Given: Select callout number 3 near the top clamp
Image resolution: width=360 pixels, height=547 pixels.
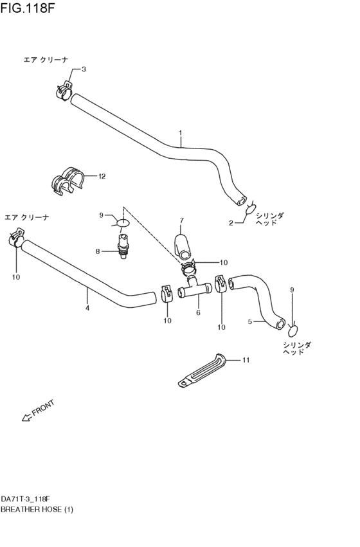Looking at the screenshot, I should click(x=84, y=69).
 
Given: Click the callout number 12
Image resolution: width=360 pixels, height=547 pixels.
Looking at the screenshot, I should click(x=102, y=175).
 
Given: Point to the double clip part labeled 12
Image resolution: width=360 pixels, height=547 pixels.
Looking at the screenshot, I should click(x=67, y=179).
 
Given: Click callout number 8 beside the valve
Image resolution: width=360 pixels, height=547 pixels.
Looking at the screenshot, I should click(x=98, y=251).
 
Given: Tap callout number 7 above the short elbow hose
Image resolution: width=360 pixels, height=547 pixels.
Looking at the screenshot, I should click(x=181, y=220).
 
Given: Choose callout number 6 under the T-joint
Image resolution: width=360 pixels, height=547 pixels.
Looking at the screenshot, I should click(x=198, y=313).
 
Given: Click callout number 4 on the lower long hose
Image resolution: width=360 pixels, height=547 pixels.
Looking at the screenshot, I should click(x=87, y=308).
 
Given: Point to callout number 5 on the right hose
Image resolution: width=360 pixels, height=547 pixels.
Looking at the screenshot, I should click(x=250, y=321).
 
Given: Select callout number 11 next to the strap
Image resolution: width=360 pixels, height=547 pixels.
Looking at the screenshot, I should click(x=245, y=360).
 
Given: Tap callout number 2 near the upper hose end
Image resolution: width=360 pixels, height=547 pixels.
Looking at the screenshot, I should click(x=231, y=223).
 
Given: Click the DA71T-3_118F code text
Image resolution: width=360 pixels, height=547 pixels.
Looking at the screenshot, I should click(x=26, y=499).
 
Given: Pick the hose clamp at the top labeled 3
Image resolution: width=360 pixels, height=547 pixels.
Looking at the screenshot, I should click(x=63, y=91).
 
